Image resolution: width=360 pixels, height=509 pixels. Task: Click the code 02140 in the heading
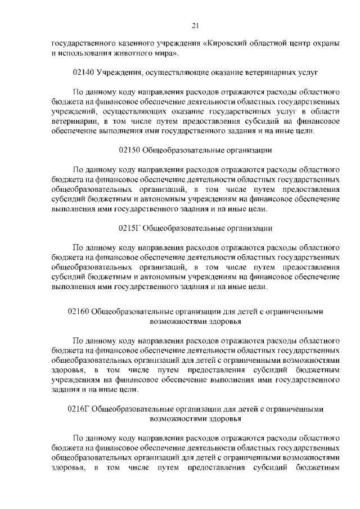pos(84,73)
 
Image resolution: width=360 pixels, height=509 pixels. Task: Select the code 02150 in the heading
pos(130,150)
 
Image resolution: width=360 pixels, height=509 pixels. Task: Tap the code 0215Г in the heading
pos(129,228)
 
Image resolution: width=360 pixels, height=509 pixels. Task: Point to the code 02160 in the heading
pos(78,310)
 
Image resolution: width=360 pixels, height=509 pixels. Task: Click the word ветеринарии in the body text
pos(73,121)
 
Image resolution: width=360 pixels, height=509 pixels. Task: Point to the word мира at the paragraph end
pos(166,53)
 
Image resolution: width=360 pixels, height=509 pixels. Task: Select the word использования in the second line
pos(86,53)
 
